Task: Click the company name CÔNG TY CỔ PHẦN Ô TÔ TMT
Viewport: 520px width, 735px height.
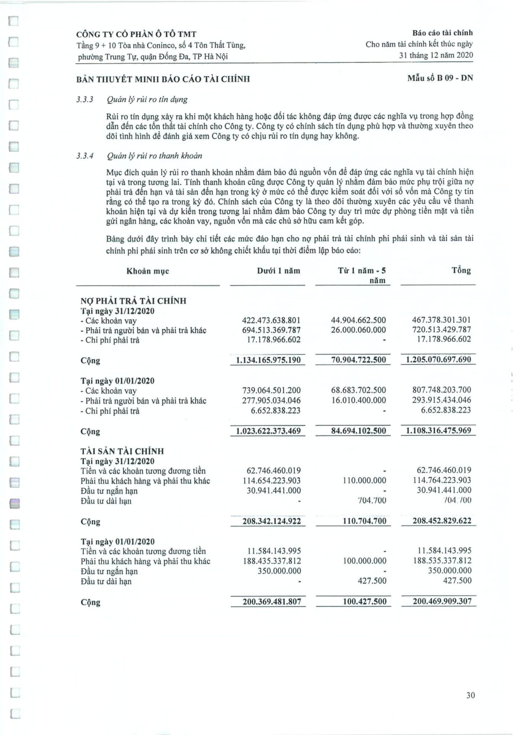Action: click(x=136, y=35)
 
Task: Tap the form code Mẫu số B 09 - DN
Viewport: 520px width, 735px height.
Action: click(x=440, y=78)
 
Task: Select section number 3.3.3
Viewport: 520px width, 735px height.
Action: click(x=84, y=99)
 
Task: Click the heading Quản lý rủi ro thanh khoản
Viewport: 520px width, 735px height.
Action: click(x=154, y=156)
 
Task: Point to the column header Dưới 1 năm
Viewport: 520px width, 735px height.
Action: click(x=278, y=271)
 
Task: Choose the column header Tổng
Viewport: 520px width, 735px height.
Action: click(x=461, y=271)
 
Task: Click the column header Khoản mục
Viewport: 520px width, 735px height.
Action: click(x=147, y=271)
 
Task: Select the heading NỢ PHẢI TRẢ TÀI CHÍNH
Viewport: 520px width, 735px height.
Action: click(x=133, y=301)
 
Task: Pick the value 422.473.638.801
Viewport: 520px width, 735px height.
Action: click(x=271, y=320)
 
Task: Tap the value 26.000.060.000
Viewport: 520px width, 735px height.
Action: click(x=358, y=330)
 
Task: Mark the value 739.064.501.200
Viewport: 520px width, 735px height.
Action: click(x=271, y=391)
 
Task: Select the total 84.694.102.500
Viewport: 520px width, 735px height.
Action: click(x=358, y=431)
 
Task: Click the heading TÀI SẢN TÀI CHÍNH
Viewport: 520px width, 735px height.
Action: click(x=122, y=451)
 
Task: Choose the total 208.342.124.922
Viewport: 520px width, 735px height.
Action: click(x=272, y=521)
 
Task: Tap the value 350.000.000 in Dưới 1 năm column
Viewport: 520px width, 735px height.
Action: click(x=279, y=571)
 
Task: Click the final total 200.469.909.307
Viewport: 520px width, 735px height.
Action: click(x=442, y=601)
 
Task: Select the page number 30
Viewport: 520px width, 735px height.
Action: click(x=471, y=695)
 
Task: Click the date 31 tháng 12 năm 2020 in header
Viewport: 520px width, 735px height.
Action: click(x=436, y=55)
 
